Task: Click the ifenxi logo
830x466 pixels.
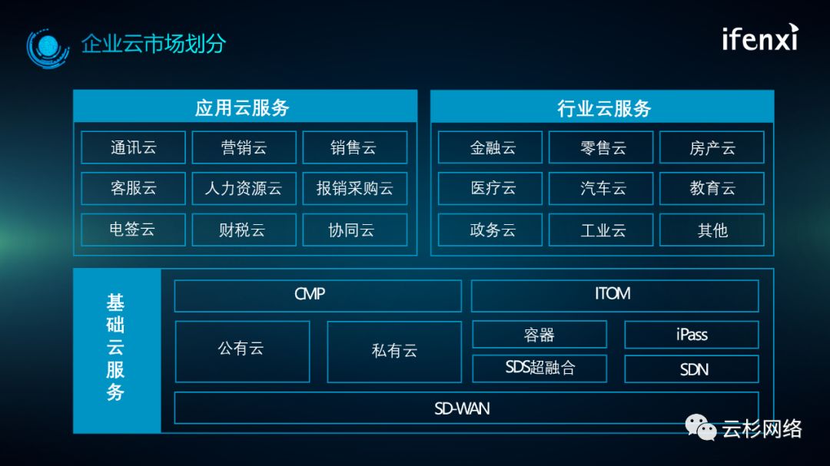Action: tap(759, 38)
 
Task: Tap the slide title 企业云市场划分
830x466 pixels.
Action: tap(154, 44)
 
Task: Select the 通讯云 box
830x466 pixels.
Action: tap(133, 147)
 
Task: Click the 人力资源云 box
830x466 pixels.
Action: tap(244, 188)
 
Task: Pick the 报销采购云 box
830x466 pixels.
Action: tap(354, 188)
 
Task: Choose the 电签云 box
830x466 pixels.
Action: tap(133, 230)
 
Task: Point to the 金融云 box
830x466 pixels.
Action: tap(490, 147)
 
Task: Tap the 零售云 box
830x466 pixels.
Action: tap(601, 147)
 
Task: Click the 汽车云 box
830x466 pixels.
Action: tap(601, 188)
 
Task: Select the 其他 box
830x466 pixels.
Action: tap(712, 230)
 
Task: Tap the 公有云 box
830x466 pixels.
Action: tap(242, 351)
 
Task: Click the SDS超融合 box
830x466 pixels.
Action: tap(539, 369)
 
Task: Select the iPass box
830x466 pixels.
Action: tap(691, 335)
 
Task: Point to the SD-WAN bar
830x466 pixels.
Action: tap(466, 408)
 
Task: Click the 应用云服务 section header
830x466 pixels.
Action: tap(244, 107)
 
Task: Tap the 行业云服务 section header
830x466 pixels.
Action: tap(602, 107)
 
